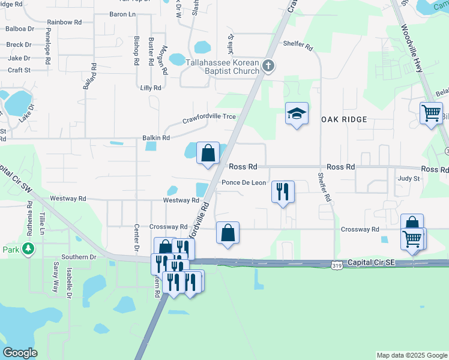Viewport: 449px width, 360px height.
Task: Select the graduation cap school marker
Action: (x=297, y=113)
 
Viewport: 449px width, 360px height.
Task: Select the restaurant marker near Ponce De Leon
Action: (x=283, y=191)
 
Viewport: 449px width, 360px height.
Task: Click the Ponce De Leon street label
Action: (x=244, y=182)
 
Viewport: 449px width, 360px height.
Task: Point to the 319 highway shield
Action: (x=337, y=263)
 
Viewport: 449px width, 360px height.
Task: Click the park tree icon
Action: (x=28, y=249)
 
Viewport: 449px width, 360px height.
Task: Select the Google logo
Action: (x=20, y=353)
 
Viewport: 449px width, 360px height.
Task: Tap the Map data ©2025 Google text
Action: (x=411, y=355)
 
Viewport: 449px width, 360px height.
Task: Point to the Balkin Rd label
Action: (x=156, y=137)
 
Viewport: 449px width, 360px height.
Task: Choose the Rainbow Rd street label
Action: (x=64, y=22)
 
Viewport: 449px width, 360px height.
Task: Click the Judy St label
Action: (x=408, y=178)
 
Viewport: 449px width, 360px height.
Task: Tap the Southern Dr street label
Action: (x=83, y=257)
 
